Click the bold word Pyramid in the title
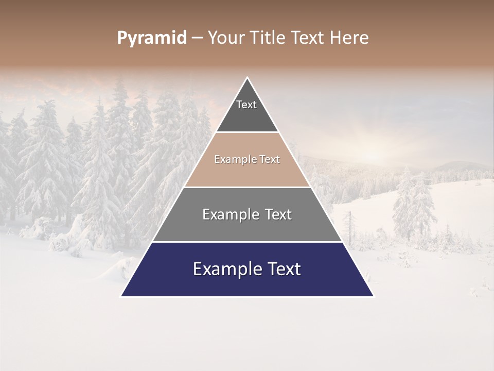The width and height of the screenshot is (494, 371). click(x=151, y=38)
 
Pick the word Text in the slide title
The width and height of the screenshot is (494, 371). click(x=308, y=38)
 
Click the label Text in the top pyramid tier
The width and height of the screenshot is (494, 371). click(x=246, y=105)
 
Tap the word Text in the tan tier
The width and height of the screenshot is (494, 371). click(x=270, y=160)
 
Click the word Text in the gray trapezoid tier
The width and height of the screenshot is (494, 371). click(x=278, y=214)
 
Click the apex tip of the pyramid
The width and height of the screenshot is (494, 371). click(x=247, y=78)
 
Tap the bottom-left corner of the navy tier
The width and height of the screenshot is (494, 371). click(x=122, y=296)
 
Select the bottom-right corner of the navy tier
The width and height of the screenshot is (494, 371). click(x=373, y=296)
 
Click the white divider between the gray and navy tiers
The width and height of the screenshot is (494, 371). click(x=247, y=242)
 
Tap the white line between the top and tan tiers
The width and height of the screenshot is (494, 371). click(x=247, y=132)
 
